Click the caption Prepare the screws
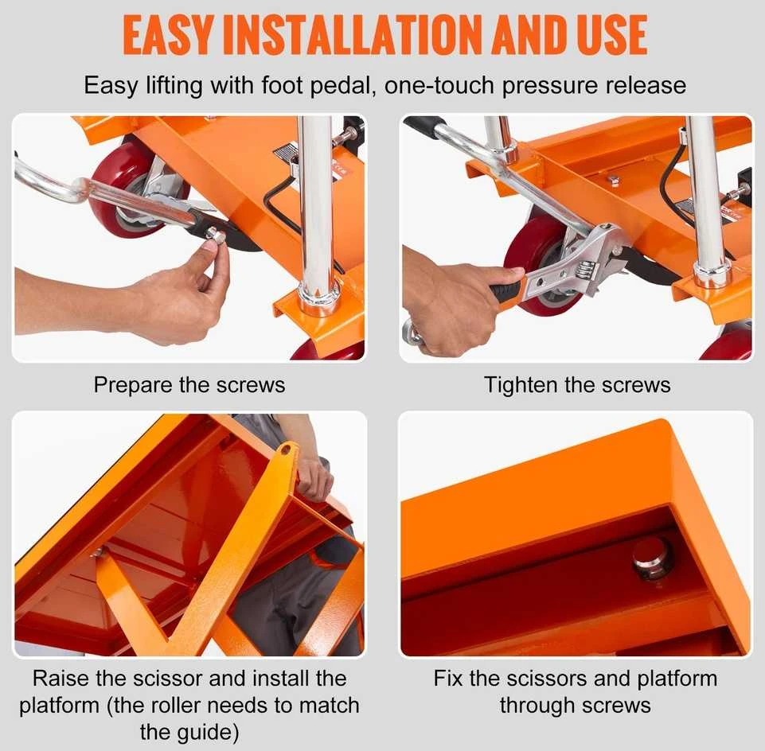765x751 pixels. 189,385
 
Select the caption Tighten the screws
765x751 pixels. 577,385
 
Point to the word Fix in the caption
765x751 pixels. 448,678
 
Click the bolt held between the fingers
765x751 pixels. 216,236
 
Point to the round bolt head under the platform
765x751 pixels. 650,558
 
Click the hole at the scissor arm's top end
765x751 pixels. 286,450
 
